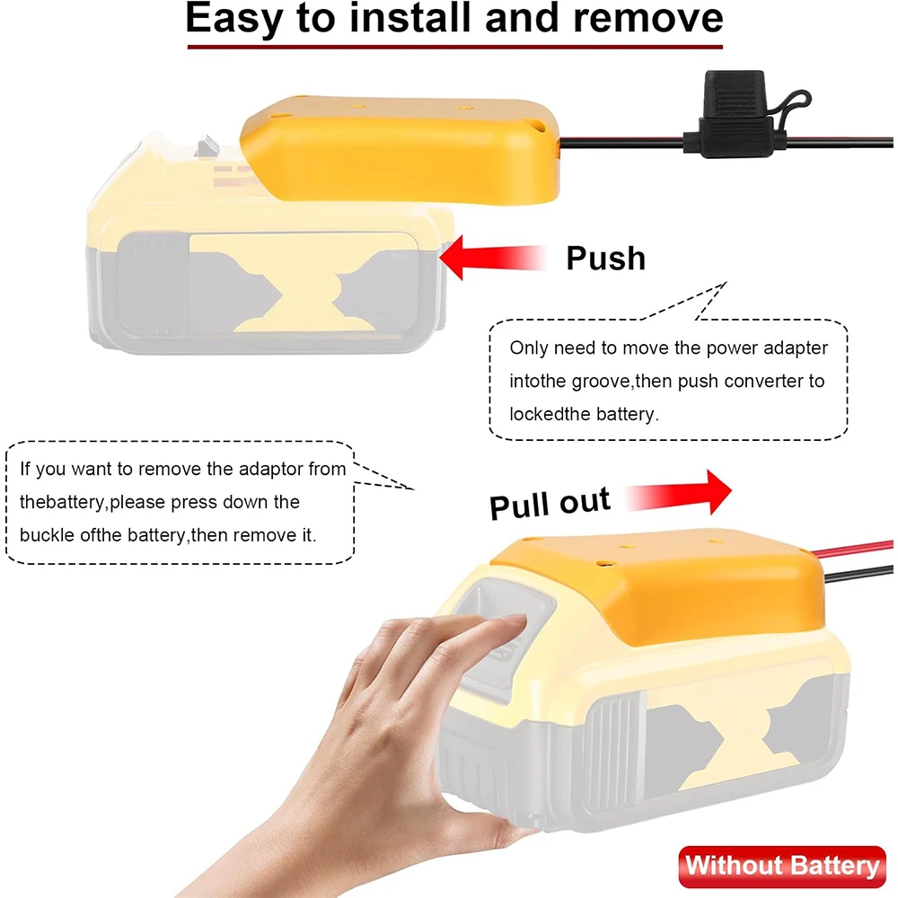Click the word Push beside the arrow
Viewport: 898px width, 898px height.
coord(605,258)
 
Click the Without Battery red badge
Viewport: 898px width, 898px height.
coord(781,866)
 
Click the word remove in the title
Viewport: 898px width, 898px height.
coord(647,20)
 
